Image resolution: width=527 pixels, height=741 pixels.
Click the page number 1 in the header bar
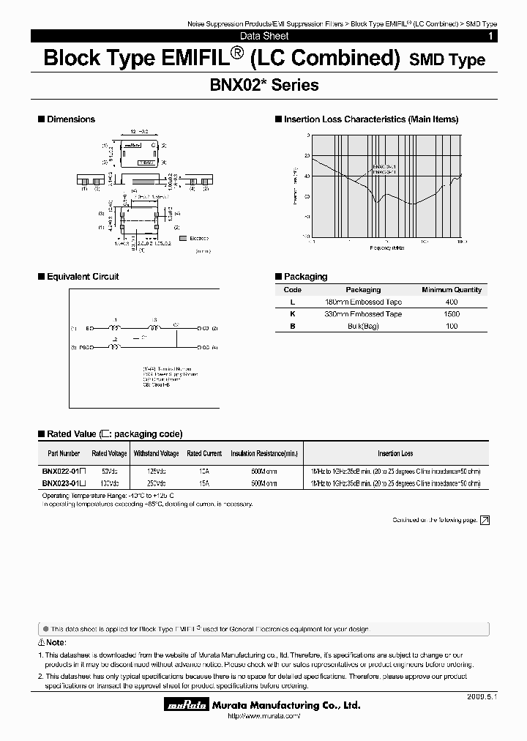click(490, 36)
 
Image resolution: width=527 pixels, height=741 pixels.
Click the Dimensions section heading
click(70, 119)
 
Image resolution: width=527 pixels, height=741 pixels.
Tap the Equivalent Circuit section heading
click(82, 277)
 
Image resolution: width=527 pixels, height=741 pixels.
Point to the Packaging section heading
click(304, 277)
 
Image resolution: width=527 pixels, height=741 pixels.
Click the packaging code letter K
click(292, 313)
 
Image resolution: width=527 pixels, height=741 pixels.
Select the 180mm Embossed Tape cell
click(362, 302)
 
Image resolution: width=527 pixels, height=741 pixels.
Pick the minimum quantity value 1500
click(451, 313)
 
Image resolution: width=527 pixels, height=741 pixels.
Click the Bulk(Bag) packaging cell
click(362, 326)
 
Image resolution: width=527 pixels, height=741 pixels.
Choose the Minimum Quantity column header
click(451, 290)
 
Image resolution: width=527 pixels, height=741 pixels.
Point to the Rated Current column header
click(204, 454)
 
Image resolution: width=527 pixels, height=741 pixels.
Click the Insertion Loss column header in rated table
click(395, 454)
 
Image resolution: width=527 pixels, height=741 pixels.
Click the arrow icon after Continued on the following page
click(484, 520)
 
